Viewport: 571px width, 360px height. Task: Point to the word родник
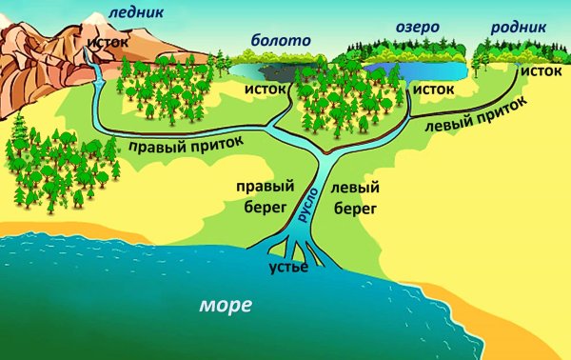click(519, 29)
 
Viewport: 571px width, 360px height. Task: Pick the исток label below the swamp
click(266, 88)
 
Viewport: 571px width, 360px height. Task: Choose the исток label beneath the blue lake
click(434, 88)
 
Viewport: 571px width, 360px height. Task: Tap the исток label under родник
click(540, 70)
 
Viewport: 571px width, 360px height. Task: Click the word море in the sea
click(226, 306)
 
